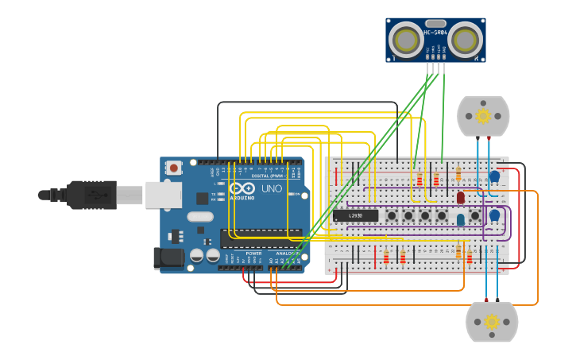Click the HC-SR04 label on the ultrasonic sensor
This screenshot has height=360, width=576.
435,33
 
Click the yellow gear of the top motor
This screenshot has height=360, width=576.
483,116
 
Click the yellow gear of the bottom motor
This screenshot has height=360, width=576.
492,322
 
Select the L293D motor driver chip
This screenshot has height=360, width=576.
355,215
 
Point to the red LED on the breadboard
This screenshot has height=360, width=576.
460,197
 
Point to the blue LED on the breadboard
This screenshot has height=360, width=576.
460,219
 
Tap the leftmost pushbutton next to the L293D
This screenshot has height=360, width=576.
392,215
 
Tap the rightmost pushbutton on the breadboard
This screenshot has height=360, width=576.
475,215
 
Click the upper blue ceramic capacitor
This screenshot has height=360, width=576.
494,176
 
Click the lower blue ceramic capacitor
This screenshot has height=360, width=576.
494,215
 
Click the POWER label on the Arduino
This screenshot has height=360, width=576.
253,254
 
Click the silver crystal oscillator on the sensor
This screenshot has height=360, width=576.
435,24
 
